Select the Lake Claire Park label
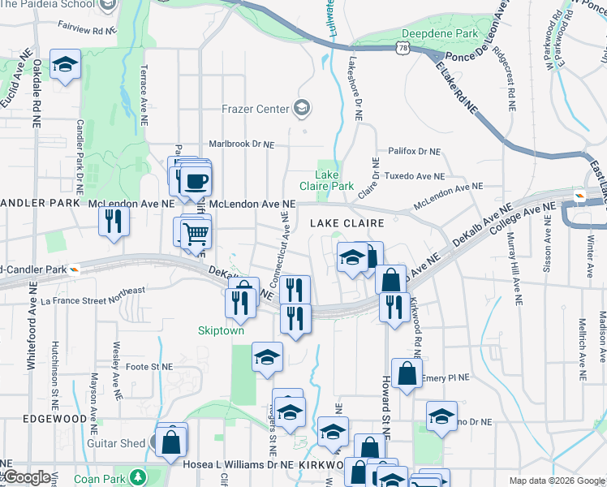[334, 180]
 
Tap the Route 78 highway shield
[403, 49]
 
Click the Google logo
[26, 477]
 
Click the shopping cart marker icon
[196, 234]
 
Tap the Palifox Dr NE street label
[413, 151]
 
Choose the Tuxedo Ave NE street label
[414, 176]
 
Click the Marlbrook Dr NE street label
[242, 144]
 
